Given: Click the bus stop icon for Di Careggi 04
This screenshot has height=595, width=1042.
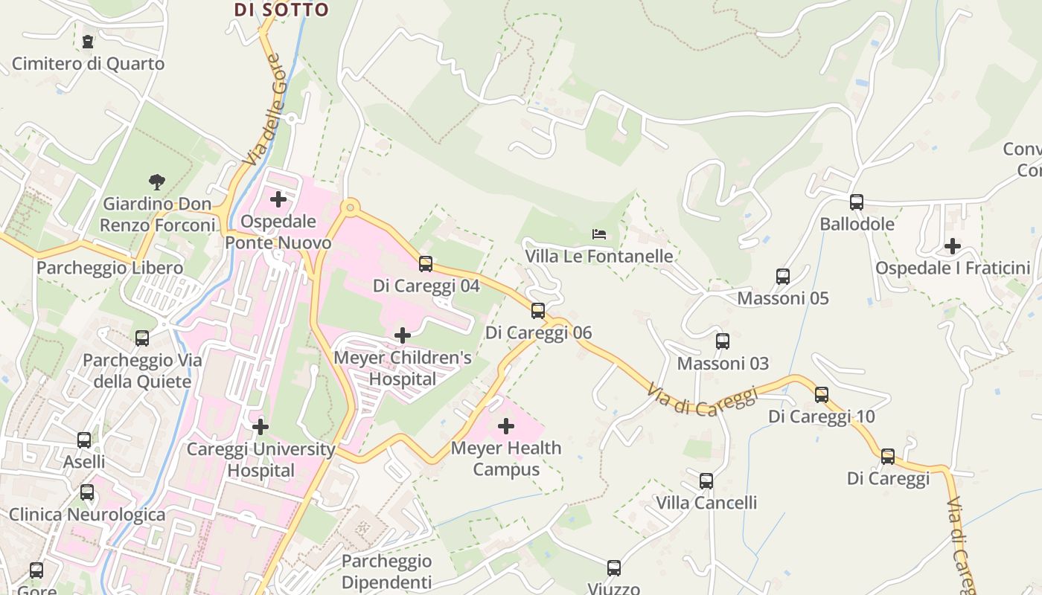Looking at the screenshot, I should coord(426,264).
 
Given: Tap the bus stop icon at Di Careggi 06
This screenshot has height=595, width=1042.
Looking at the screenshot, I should coord(538,311).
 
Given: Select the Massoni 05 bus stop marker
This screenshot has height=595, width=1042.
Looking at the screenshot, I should coord(783,277).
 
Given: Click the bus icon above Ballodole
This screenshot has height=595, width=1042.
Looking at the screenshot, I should coord(857,202).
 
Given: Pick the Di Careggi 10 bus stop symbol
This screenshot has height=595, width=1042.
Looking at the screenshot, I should coord(822,395).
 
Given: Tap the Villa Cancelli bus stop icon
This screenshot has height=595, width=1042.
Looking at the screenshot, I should coord(706,481).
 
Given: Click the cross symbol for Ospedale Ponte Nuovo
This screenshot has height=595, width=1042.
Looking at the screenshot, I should coord(278,199).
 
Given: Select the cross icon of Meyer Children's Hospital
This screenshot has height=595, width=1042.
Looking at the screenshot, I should coord(403,335).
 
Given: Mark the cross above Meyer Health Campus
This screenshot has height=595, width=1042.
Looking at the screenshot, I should coord(506,426).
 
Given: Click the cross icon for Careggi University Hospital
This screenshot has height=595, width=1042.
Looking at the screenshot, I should coord(260,427).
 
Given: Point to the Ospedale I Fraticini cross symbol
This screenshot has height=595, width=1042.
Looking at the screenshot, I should coord(953,246).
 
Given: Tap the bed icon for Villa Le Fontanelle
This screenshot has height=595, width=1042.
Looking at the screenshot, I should coord(599,234).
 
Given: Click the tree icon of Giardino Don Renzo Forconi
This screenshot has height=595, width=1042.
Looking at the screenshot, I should coord(156,181).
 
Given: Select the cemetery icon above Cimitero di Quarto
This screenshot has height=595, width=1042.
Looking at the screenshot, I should coord(89,42).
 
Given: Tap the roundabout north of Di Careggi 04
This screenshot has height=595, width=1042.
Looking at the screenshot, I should coord(349,207).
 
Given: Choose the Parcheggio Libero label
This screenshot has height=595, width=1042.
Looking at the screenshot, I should coord(110,268).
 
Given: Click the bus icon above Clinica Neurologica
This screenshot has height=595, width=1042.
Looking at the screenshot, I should coord(87,492).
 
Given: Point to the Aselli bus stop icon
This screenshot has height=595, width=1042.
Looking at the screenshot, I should coord(84,440).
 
